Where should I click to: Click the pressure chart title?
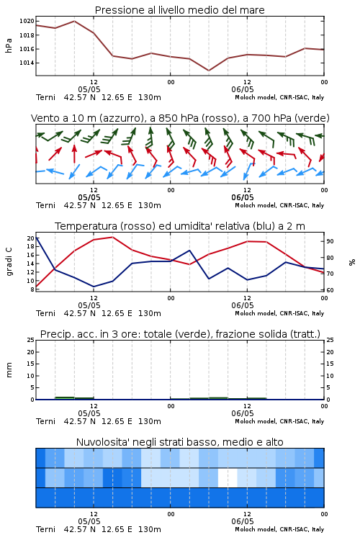coord(179,10)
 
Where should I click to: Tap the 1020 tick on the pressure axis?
coord(27,22)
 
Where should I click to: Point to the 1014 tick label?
coord(27,63)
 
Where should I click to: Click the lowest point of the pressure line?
coord(208,71)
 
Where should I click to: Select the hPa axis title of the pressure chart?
coord(9,45)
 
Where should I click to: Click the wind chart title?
coord(180,119)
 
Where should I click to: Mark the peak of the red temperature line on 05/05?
coord(112,237)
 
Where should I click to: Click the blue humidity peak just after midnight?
coord(189,251)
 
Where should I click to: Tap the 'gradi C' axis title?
coord(9,261)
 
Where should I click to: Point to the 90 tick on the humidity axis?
coord(330,241)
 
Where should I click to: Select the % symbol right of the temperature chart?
coord(352,262)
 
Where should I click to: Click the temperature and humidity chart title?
coord(180,226)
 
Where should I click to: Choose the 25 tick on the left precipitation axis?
coord(31,340)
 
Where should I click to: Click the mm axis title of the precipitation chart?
coord(9,370)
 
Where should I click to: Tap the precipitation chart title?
coord(180,334)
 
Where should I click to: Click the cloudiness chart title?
coord(179,442)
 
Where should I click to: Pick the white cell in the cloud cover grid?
coord(228,478)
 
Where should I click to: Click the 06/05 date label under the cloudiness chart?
coord(243,521)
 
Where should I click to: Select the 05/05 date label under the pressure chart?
coord(89,89)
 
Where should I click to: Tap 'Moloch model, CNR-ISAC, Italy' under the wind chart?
coord(279,205)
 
